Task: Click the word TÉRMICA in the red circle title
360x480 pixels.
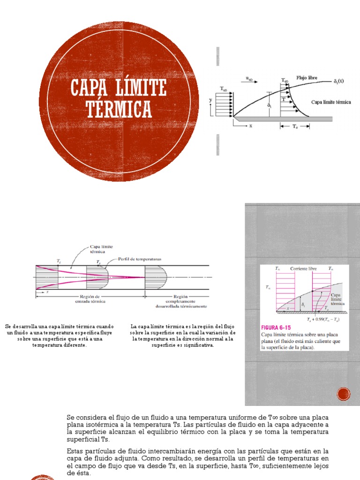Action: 119,109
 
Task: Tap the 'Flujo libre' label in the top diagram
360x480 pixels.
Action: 307,77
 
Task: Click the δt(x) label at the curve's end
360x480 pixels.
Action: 338,81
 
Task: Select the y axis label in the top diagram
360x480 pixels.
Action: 211,99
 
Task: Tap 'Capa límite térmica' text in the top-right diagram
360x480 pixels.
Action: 331,102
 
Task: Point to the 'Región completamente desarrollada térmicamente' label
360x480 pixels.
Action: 180,301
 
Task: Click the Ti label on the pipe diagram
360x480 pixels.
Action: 58,260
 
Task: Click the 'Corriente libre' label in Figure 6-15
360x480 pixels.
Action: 303,269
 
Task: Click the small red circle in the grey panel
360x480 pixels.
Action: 344,394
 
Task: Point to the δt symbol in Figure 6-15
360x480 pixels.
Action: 303,304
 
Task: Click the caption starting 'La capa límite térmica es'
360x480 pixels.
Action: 182,335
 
